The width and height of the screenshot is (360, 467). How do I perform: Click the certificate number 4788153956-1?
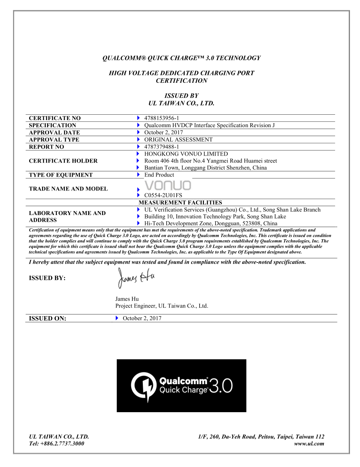[x=161, y=118]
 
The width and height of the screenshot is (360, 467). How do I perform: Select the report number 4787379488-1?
[x=161, y=147]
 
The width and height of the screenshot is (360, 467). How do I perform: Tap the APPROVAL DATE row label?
[x=54, y=133]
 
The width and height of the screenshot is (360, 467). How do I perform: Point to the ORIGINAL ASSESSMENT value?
[x=178, y=140]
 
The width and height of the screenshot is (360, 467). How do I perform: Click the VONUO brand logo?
[x=168, y=185]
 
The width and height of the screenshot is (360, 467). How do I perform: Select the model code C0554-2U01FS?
[x=163, y=195]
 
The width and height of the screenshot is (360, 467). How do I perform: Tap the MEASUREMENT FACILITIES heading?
[x=180, y=203]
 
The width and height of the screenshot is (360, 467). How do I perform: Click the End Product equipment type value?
[x=159, y=175]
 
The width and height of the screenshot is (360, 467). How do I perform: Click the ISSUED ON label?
[x=47, y=318]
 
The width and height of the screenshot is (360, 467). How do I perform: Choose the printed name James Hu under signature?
[x=127, y=299]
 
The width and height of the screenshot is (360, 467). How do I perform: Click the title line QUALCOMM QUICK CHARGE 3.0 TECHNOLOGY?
[x=181, y=58]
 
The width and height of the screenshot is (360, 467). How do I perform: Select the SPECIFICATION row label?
[x=53, y=126]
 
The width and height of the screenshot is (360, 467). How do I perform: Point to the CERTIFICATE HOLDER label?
[x=63, y=161]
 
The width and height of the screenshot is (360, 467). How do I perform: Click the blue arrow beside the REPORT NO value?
[x=138, y=147]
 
